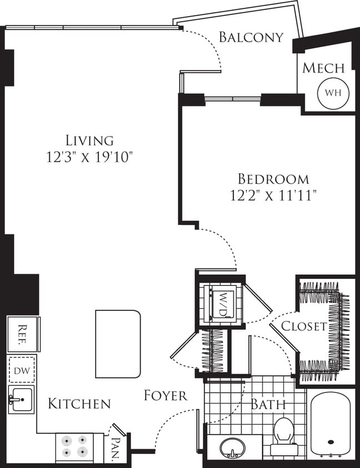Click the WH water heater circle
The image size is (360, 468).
pyautogui.click(x=333, y=92)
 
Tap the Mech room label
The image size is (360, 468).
pyautogui.click(x=323, y=68)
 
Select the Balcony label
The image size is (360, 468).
pyautogui.click(x=251, y=37)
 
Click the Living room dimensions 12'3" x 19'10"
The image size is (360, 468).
pyautogui.click(x=89, y=158)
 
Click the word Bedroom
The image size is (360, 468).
pyautogui.click(x=273, y=179)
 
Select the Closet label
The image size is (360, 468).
pyautogui.click(x=303, y=326)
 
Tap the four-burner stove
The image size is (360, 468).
pyautogui.click(x=75, y=447)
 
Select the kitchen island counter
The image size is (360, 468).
pyautogui.click(x=118, y=344)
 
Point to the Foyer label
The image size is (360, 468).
pyautogui.click(x=166, y=396)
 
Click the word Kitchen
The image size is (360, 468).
pyautogui.click(x=79, y=404)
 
